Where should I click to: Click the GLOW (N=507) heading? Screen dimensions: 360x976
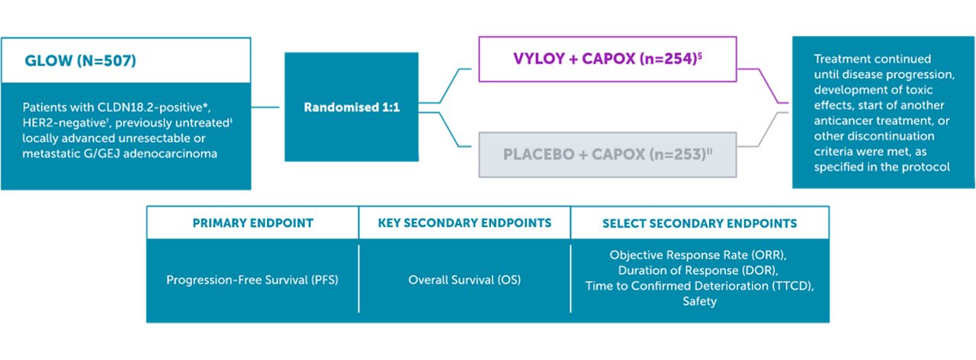pos(81,61)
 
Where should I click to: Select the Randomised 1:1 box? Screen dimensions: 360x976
pos(352,108)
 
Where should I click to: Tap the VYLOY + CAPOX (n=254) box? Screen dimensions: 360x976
pos(607,59)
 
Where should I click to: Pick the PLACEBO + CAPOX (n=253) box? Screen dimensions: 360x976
pos(607,154)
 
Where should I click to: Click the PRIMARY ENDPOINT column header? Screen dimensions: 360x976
pos(252,223)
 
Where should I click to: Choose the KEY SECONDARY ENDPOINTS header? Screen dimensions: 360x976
pos(464,223)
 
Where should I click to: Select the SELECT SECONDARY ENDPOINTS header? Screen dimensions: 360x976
pos(699,223)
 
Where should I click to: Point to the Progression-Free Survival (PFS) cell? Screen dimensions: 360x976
pos(252,280)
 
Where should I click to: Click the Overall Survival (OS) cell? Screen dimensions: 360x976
pos(464,280)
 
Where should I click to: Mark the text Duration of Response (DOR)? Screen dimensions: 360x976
pos(699,271)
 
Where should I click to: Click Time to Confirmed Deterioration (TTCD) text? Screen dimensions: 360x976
pos(699,286)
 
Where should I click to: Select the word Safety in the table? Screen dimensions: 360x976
pos(699,301)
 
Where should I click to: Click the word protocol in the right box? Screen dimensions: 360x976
pos(928,167)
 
